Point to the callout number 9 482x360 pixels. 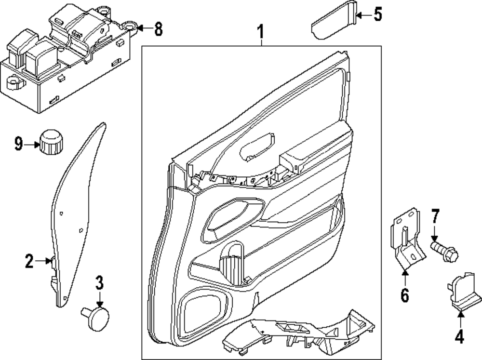coord(19,144)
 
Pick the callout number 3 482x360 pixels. coord(99,283)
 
